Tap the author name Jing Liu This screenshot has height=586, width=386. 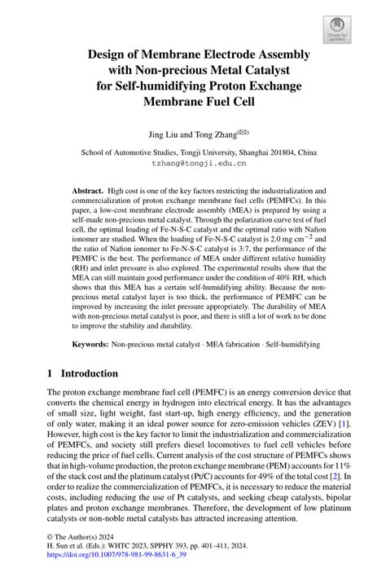(158, 133)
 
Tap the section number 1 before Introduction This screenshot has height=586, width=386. (50, 373)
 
